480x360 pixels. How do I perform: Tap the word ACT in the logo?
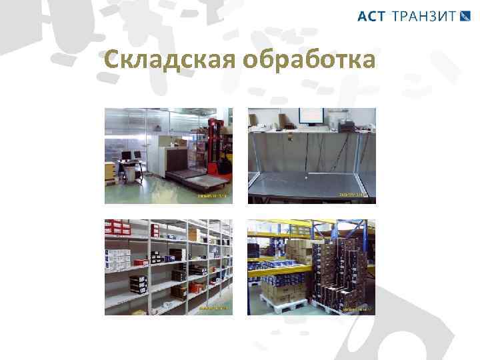371,17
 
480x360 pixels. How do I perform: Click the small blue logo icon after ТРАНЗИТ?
466,17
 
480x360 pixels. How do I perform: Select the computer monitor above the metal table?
311,118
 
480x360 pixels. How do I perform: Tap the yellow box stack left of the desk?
108,172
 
